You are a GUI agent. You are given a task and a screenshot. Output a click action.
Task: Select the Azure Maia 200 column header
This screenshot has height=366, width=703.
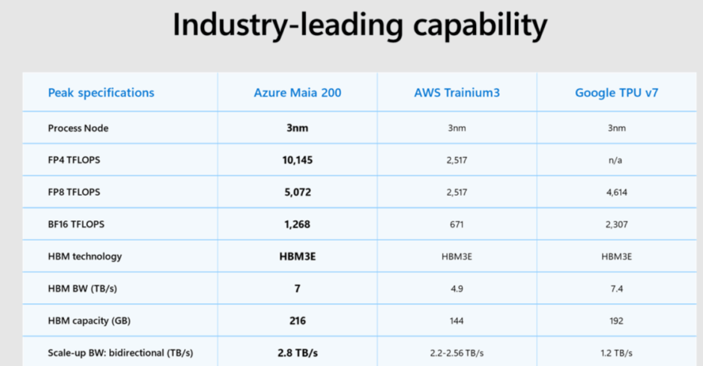point(297,93)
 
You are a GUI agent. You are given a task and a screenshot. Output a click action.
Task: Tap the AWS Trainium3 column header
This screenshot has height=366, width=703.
point(457,93)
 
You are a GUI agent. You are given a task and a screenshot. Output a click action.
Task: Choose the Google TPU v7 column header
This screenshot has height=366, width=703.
point(616,93)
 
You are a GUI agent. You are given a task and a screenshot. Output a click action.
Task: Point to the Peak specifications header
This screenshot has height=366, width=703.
point(101,93)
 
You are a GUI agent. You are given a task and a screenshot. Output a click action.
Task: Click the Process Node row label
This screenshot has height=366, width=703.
point(78,128)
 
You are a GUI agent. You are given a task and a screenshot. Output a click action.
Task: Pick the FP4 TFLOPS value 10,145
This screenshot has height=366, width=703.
point(297,161)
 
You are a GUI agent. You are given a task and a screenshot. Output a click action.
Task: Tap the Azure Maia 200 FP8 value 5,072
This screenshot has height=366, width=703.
point(297,193)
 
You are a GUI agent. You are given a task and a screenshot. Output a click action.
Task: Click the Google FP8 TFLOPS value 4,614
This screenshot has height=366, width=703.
point(616,193)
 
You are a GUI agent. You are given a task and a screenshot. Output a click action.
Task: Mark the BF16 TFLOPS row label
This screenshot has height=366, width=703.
point(76,224)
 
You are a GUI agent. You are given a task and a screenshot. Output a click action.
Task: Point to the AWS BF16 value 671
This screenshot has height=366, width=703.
point(457,224)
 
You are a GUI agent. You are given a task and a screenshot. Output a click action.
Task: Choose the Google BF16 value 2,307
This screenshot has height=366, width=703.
point(616,224)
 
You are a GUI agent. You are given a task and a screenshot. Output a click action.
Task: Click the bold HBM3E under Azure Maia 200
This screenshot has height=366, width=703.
point(297,257)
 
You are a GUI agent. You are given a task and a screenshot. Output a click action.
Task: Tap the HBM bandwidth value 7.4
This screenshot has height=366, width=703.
point(616,289)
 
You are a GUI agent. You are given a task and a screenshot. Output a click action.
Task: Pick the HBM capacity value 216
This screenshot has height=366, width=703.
point(297,321)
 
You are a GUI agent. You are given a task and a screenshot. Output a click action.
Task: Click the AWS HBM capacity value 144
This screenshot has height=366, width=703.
point(457,321)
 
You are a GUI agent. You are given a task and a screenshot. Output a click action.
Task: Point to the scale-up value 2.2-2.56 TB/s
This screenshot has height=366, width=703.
point(457,353)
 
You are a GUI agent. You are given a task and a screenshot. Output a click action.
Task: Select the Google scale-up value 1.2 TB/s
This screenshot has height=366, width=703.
point(616,353)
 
